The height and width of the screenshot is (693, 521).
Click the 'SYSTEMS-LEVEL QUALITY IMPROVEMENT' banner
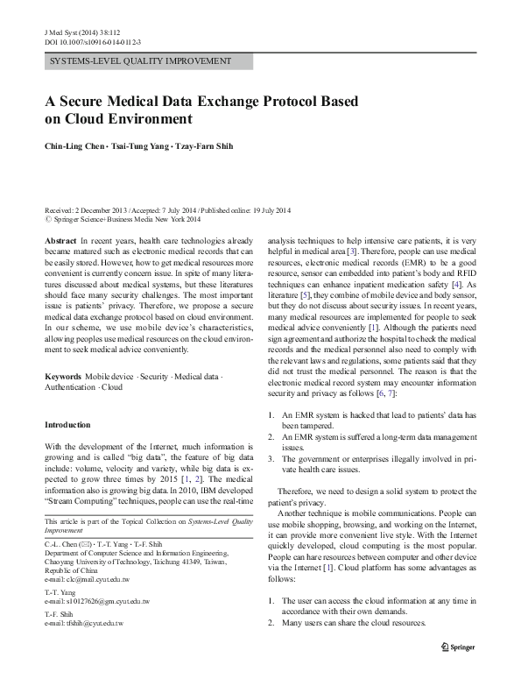point(148,61)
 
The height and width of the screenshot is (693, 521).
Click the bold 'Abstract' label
point(60,240)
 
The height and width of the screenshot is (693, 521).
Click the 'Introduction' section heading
point(67,425)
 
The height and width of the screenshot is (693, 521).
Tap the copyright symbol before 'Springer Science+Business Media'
point(47,221)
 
